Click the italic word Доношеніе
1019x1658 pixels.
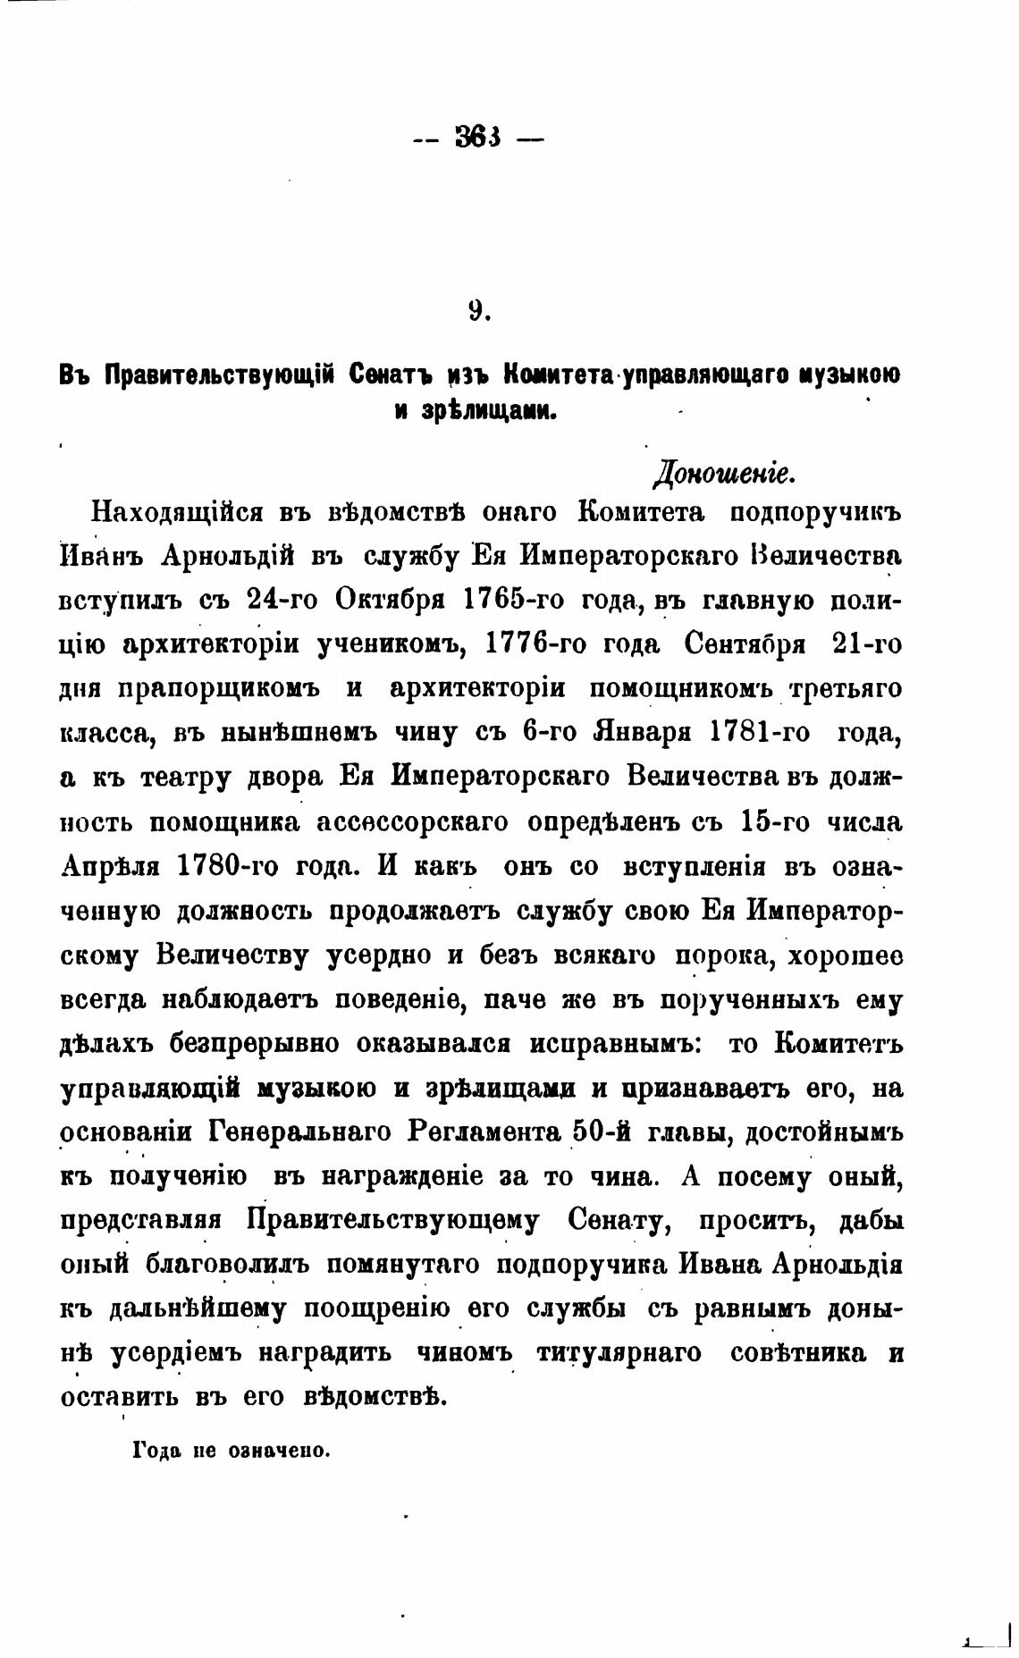pos(722,472)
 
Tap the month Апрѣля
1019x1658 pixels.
pos(113,866)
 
